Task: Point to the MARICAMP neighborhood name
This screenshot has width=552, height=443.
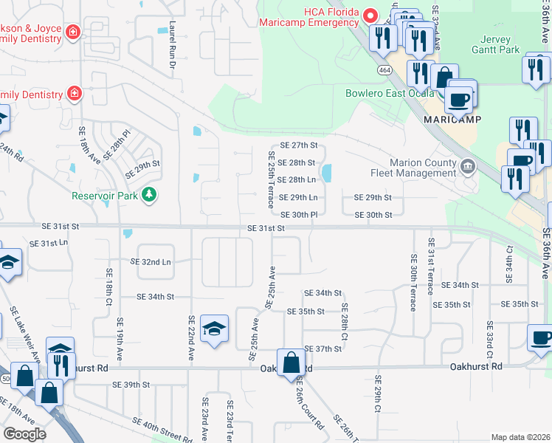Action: click(x=452, y=119)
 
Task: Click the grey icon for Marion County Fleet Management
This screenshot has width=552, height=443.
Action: click(x=466, y=167)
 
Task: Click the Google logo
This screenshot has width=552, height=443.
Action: click(x=24, y=433)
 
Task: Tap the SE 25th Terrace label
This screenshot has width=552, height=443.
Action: click(x=271, y=179)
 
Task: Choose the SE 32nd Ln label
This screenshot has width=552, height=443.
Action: click(x=151, y=261)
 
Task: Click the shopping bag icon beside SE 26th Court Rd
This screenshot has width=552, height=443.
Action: click(x=291, y=362)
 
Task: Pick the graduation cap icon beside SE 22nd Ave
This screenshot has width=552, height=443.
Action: click(x=214, y=329)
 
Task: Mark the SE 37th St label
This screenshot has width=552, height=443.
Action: click(x=323, y=348)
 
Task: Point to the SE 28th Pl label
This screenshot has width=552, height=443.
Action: click(x=118, y=145)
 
